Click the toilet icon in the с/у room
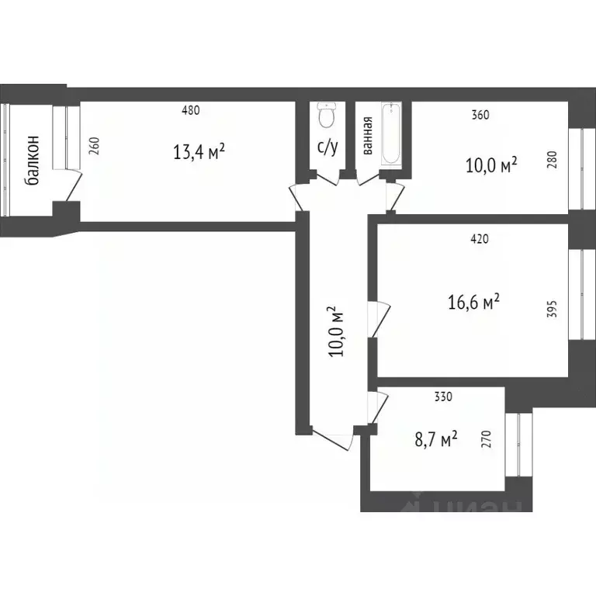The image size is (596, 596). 327,117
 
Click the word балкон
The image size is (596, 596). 33,161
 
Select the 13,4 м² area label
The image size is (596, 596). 199,151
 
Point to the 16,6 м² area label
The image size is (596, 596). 473,301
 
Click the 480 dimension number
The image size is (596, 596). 191,110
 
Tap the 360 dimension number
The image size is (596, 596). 480,116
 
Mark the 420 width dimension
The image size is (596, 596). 479,239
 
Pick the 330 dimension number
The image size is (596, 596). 442,397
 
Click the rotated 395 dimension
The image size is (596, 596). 553,309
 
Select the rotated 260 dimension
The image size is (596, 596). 94,147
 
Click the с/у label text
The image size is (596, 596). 327,147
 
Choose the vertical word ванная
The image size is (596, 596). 367,137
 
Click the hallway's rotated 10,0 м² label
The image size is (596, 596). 336,331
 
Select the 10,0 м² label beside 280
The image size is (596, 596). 491,165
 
